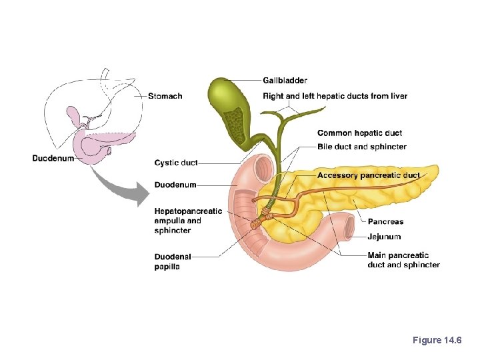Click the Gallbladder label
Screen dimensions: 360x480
pyautogui.click(x=285, y=81)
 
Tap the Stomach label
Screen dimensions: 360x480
pyautogui.click(x=165, y=96)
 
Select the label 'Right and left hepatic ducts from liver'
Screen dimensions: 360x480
pyautogui.click(x=335, y=96)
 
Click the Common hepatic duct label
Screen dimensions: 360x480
pyautogui.click(x=359, y=133)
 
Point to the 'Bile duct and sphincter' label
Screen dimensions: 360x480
pyautogui.click(x=361, y=147)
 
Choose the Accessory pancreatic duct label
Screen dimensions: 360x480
pyautogui.click(x=369, y=175)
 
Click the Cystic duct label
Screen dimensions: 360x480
pyautogui.click(x=175, y=163)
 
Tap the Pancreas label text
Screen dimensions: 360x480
pyautogui.click(x=385, y=221)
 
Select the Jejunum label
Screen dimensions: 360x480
pyautogui.click(x=384, y=237)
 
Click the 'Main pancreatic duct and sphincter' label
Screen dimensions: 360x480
pyautogui.click(x=403, y=260)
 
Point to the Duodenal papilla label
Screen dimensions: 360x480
pyautogui.click(x=172, y=261)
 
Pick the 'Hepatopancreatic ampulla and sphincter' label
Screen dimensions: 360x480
pyautogui.click(x=187, y=221)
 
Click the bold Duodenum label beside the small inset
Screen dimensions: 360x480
pyautogui.click(x=53, y=158)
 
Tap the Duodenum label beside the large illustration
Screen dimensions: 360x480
pyautogui.click(x=175, y=185)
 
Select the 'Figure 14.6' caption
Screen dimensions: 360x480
pyautogui.click(x=436, y=341)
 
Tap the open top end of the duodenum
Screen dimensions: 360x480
pyautogui.click(x=263, y=165)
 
